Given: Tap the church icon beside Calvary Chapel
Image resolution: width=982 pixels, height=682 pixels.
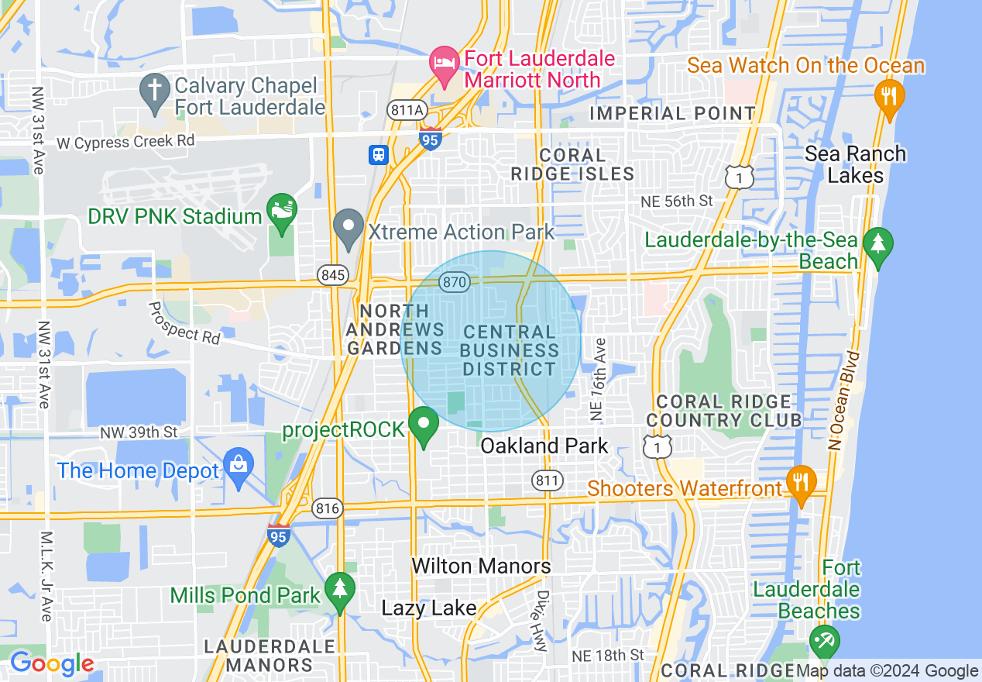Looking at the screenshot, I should pos(154,92).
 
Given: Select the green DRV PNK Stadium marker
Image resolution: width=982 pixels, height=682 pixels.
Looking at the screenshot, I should pos(281,211).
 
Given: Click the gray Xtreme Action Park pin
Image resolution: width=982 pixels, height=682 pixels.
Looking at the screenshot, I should pos(349,227).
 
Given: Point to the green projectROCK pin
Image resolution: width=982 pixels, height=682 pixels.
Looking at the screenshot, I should pos(424,425).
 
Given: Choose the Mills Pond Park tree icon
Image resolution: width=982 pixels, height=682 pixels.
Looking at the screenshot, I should pos(339,590).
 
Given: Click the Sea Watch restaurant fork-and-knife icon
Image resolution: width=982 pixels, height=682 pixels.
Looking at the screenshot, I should pos(889,97).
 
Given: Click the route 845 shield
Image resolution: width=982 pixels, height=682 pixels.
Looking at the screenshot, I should pos(332,274).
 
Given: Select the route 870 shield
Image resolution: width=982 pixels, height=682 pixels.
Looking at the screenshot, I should pos(455,282).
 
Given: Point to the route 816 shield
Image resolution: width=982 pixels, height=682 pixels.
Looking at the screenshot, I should pos(328,508).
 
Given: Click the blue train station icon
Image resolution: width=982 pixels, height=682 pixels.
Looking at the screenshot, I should pos(379,154).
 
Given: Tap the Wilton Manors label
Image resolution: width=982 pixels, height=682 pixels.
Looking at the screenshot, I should pos(481,566).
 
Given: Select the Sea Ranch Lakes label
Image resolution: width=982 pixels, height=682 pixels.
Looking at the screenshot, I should pos(855,164).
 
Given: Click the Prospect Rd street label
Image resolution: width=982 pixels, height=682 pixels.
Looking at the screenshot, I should pos(185,323).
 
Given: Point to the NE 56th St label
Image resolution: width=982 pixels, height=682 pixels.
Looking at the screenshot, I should pos(676,201).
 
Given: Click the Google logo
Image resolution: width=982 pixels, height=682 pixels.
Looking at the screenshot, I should pos(52,663).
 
